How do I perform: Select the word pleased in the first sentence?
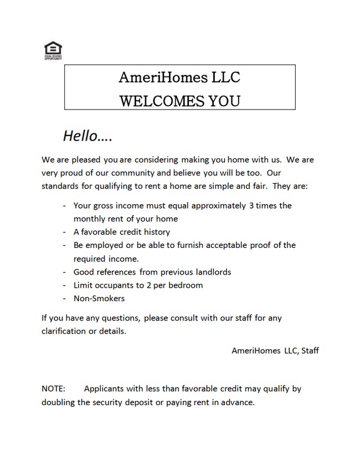tap(84, 160)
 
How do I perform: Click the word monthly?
tap(90, 219)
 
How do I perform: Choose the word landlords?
tap(211, 272)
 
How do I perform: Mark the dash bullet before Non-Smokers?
tap(65, 298)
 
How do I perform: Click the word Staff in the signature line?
tap(310, 350)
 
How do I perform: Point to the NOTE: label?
tap(53, 389)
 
